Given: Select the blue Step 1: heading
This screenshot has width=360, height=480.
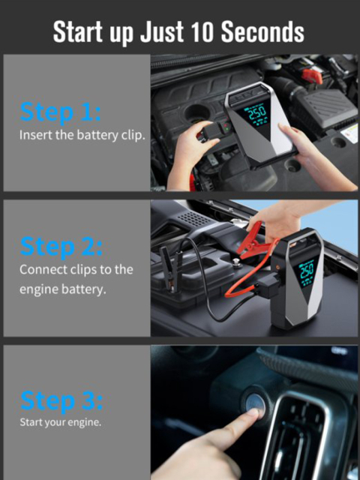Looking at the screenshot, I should [60, 112].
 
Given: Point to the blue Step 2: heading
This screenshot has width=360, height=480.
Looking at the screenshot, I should [61, 246].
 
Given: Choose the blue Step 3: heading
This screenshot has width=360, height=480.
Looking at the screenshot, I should [61, 399].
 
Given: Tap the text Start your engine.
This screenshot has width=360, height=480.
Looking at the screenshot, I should [60, 421].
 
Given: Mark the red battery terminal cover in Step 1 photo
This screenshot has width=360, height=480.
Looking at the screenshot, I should [312, 74].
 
